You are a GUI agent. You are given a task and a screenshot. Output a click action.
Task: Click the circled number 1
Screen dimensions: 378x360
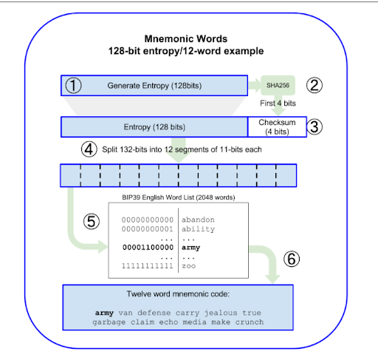(73, 86)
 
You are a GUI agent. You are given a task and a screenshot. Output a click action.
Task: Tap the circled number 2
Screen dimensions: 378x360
(315, 85)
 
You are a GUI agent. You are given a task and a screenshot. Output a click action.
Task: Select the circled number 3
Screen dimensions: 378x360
(315, 127)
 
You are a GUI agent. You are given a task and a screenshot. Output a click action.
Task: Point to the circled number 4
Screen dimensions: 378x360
(89, 149)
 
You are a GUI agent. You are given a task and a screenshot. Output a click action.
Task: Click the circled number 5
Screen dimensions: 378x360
(92, 221)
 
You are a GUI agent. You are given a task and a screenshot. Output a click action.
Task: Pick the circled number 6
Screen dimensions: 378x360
(292, 259)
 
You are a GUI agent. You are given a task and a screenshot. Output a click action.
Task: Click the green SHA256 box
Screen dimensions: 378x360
(278, 85)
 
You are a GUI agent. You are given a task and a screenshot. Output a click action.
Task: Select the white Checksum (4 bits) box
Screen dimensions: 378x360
(277, 127)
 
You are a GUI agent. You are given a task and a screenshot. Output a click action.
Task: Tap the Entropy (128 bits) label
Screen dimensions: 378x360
(154, 127)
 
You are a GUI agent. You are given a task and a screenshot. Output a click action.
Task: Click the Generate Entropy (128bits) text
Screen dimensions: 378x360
(154, 86)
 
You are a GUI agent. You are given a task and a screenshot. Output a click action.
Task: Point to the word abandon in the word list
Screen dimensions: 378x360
(198, 220)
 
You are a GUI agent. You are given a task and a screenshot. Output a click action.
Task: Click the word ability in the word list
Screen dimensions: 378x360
(198, 229)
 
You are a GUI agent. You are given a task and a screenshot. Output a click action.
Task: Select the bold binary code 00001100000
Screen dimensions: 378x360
(148, 248)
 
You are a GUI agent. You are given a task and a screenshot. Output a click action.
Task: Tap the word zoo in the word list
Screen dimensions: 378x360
(188, 266)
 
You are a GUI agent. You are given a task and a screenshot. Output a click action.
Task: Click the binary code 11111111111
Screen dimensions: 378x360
(148, 266)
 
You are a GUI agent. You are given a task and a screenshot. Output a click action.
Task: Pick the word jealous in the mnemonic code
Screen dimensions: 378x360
(221, 313)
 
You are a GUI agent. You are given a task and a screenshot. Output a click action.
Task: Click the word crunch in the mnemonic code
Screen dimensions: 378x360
(250, 322)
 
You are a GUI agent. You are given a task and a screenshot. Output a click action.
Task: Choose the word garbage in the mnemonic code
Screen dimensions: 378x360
(109, 322)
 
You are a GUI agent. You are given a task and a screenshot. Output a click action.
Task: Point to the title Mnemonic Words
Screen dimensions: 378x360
(186, 38)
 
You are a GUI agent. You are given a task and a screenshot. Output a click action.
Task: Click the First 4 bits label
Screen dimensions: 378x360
(278, 103)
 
